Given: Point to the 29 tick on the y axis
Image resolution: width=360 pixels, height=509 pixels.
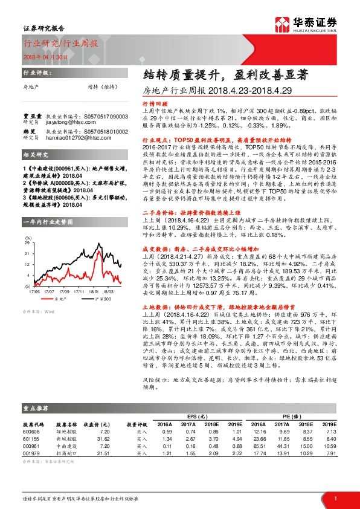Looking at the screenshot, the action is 28,224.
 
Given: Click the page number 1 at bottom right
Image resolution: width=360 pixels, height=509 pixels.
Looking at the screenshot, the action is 334,498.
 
